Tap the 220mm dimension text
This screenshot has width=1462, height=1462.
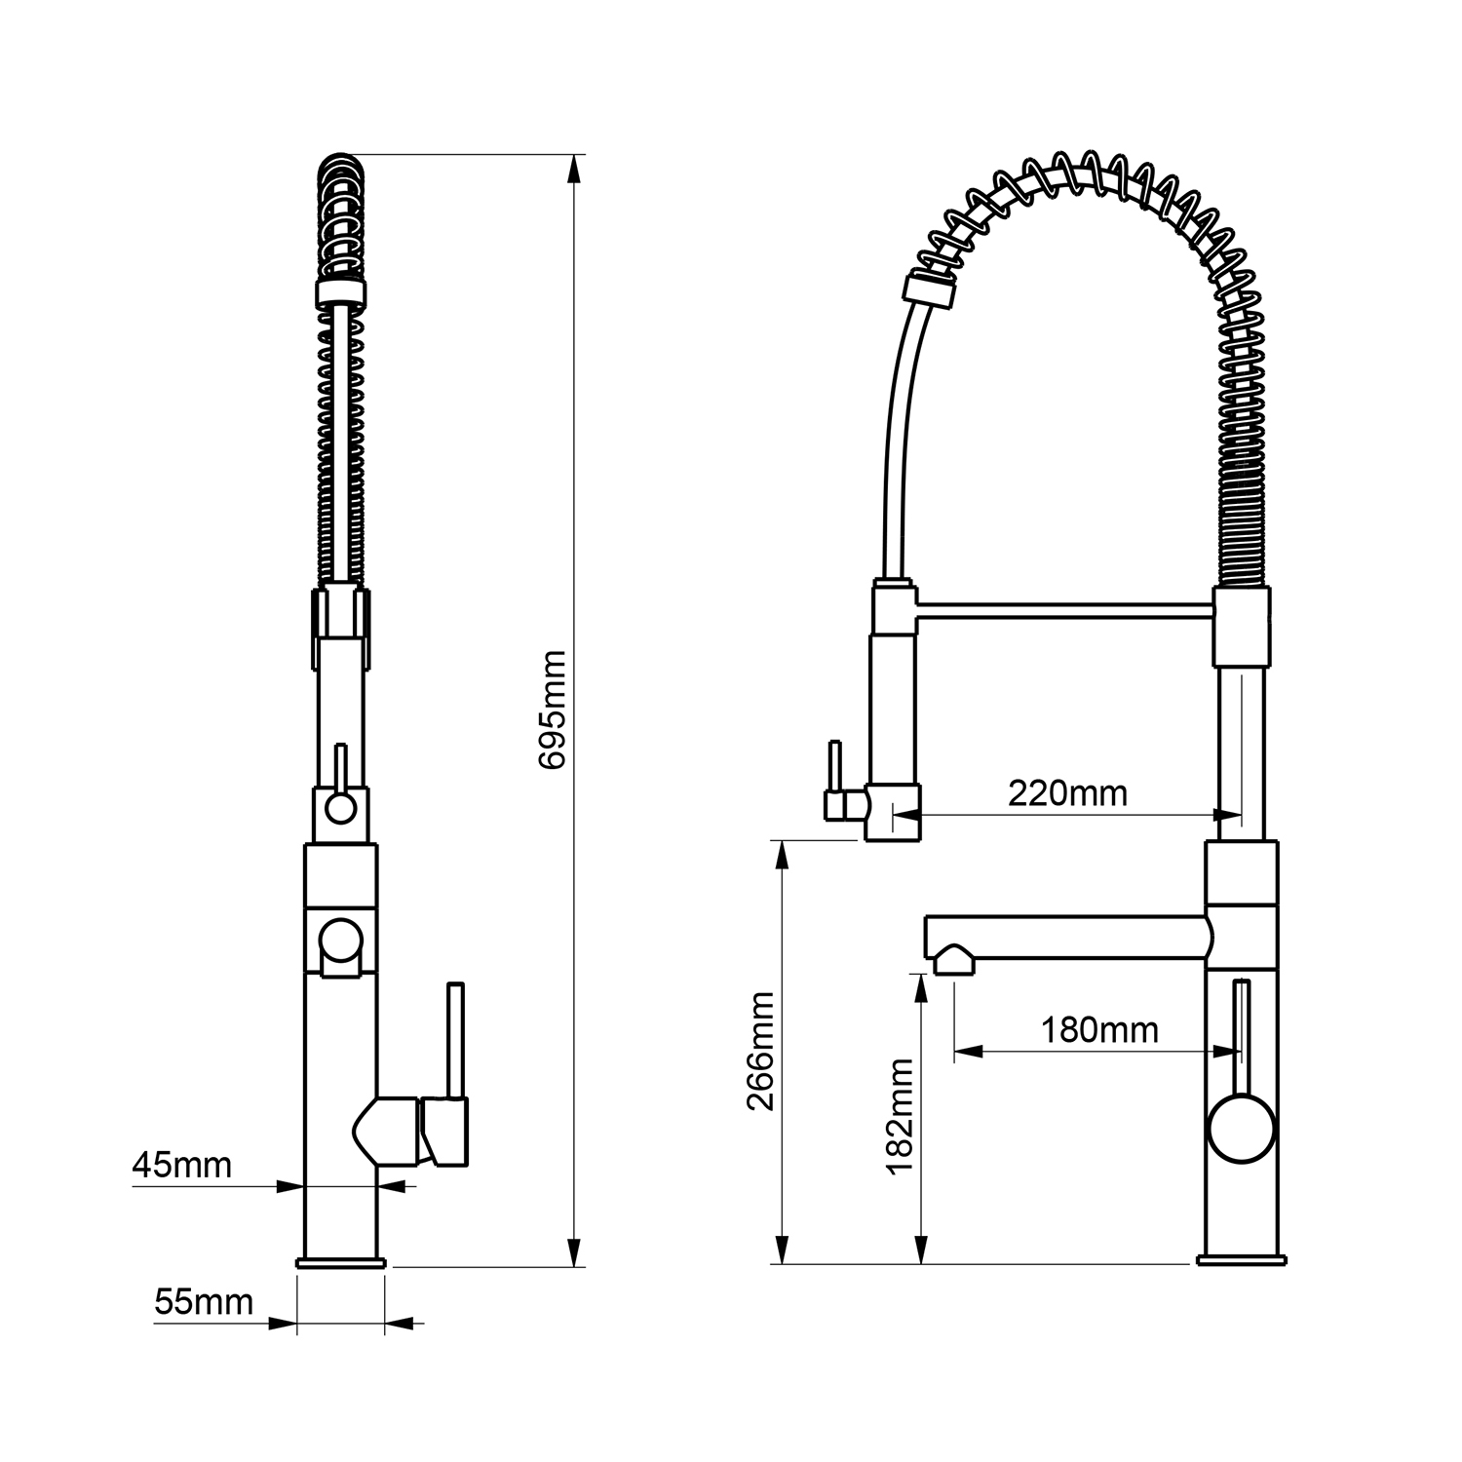click(x=1067, y=793)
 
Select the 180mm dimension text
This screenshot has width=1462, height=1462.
click(x=1099, y=1029)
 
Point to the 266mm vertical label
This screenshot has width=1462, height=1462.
click(x=759, y=1052)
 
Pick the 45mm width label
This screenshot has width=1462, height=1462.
click(x=182, y=1164)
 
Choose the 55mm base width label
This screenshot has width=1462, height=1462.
click(x=204, y=1301)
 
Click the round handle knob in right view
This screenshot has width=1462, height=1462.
click(x=1240, y=1128)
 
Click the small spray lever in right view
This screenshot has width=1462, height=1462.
click(x=834, y=780)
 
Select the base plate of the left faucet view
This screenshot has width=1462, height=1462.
click(x=341, y=1262)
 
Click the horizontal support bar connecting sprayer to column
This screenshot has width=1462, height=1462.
click(x=1065, y=610)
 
